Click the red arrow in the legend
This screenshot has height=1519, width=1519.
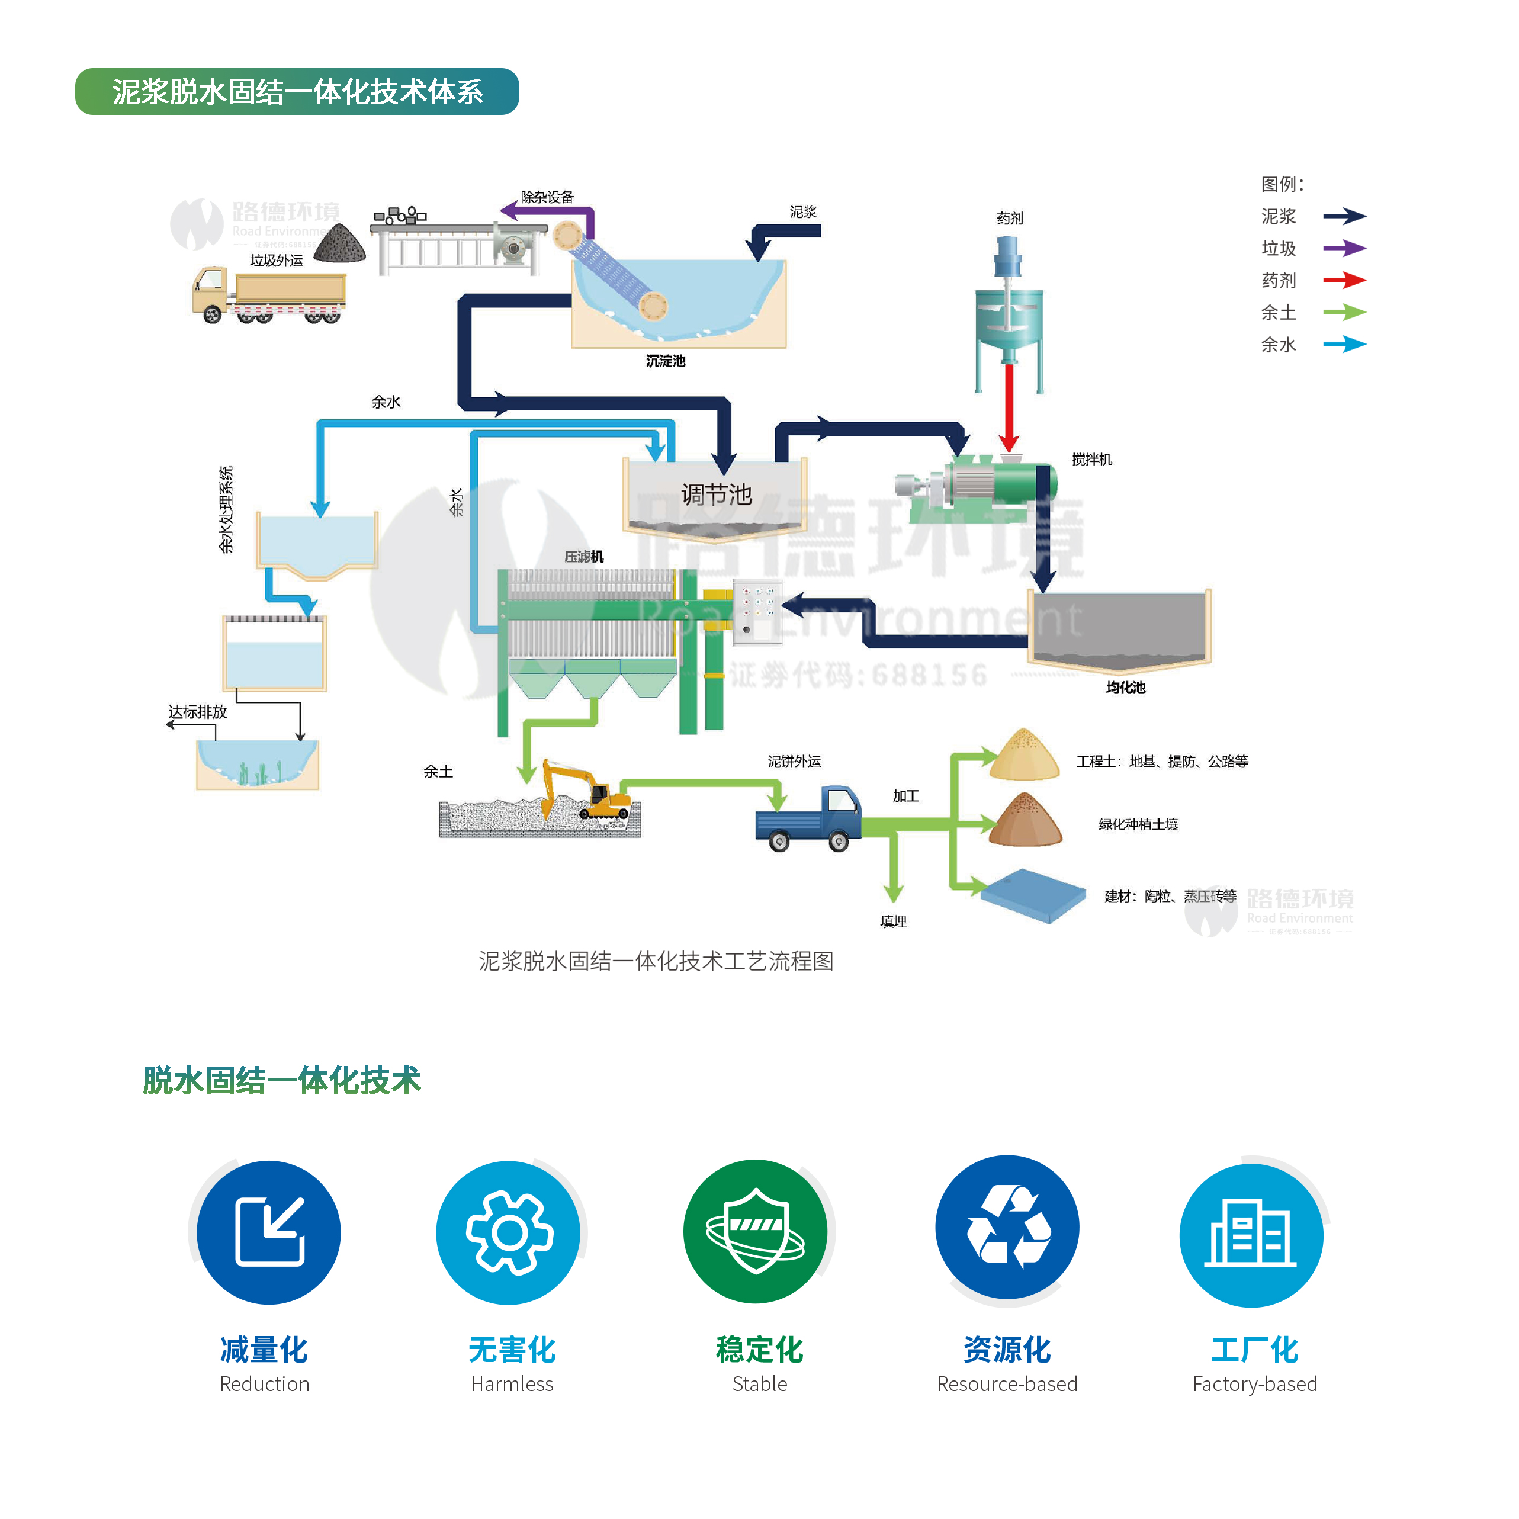1344,280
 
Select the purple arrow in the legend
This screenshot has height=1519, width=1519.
1344,249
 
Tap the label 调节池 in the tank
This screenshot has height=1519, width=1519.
716,494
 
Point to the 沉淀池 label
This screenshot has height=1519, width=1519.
665,361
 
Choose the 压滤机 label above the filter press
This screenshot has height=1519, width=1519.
583,557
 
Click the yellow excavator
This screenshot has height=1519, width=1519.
586,791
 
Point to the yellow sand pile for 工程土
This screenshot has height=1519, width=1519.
1024,756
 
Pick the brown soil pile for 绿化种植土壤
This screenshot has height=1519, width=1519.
1025,821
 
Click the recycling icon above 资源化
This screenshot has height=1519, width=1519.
1007,1227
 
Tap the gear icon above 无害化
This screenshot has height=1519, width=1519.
509,1232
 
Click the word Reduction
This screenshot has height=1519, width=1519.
264,1384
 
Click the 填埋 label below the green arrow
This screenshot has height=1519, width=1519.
893,921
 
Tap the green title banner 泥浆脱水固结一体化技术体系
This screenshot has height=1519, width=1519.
297,92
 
